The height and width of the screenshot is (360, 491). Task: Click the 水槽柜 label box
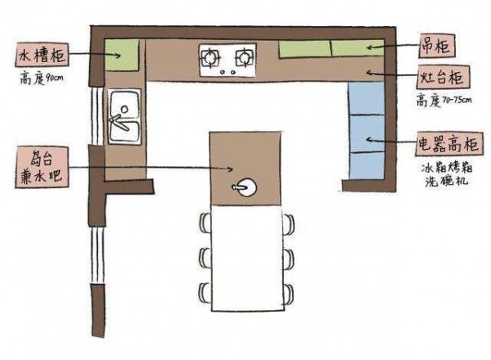point(42,55)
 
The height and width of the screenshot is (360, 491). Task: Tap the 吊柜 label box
point(436,46)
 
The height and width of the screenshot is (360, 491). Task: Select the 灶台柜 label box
point(443,77)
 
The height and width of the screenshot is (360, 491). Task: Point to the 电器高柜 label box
point(449,144)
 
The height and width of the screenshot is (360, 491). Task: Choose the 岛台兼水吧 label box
point(42,167)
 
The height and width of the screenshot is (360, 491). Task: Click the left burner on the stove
point(210,57)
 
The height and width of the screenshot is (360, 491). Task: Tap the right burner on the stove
point(244,57)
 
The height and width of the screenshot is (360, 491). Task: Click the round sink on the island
point(247,187)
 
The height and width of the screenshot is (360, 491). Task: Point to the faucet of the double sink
point(119,121)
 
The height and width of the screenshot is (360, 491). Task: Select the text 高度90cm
point(42,78)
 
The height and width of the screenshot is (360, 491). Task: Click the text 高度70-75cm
point(444,100)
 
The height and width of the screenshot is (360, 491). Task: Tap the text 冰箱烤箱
point(447,168)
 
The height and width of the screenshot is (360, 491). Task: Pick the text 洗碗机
point(446,181)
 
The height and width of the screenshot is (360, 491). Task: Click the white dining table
point(247,259)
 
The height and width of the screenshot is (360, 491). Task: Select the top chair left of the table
point(205,223)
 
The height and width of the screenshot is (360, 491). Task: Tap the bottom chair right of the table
point(289,295)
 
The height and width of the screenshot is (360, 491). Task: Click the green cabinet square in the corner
point(121,55)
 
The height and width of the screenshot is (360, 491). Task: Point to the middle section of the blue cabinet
point(367,133)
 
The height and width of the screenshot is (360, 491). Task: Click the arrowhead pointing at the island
point(230,169)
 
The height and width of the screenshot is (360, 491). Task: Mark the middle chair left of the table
point(205,259)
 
